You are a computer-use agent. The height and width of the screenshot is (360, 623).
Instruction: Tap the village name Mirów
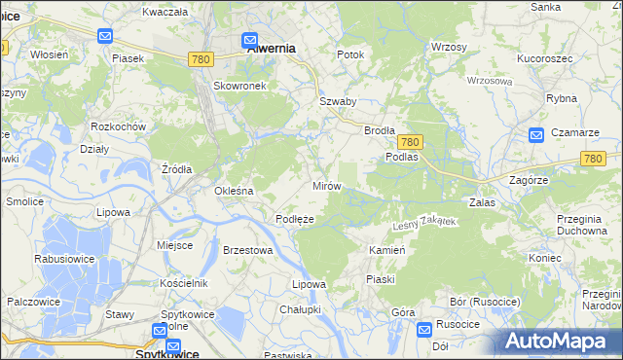(325, 185)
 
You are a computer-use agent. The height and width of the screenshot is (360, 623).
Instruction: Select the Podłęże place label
(294, 219)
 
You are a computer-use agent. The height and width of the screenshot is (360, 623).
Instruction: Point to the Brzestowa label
(247, 250)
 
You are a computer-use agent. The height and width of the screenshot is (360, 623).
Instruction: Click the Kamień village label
(386, 250)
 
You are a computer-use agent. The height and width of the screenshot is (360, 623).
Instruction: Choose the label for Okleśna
(235, 191)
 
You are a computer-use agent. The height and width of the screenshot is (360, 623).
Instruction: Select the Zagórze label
(530, 180)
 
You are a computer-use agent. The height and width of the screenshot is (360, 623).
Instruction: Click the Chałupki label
(300, 308)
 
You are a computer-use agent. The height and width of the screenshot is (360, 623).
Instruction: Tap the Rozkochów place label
(117, 127)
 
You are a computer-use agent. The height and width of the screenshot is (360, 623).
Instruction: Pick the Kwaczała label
(165, 12)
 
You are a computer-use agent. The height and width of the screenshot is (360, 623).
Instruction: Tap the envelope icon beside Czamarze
(535, 135)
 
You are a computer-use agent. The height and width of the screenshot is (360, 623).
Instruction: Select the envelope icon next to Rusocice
(423, 330)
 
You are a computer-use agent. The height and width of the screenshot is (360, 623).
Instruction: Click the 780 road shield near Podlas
(410, 141)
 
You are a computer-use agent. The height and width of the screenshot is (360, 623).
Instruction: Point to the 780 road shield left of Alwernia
(202, 59)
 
